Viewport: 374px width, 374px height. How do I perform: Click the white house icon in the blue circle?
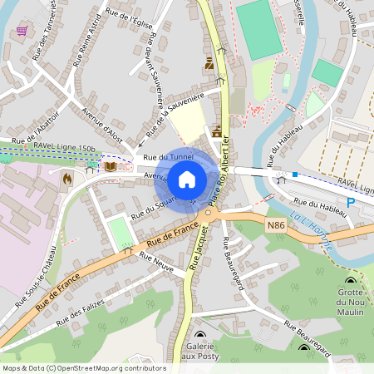[187, 179]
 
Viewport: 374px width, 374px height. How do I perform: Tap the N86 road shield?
[277, 224]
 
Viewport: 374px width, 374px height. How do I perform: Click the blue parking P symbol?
[351, 203]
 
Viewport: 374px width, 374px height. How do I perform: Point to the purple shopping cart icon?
[21, 31]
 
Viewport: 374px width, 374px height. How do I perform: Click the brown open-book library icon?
[110, 167]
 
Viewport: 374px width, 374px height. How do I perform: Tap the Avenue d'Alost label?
[97, 121]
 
